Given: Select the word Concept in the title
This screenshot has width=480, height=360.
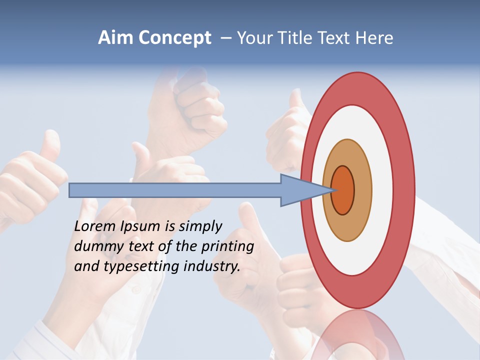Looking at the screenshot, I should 175,38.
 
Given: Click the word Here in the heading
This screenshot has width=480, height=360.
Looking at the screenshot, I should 374,38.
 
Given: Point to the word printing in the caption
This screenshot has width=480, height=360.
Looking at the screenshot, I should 227,247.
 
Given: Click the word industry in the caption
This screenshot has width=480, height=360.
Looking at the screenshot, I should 212,266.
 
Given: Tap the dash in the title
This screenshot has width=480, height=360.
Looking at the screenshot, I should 225,38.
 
